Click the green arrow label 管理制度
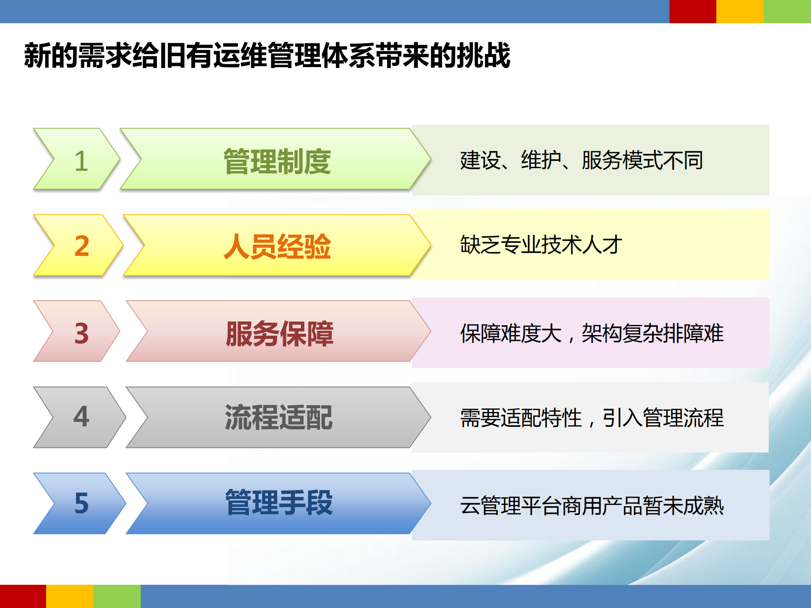pos(277,161)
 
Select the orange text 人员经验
pos(277,246)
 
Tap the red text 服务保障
pos(279,333)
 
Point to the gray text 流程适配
pos(279,417)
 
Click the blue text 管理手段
pos(279,503)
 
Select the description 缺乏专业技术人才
pos(541,245)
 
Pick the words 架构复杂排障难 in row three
pos(653,333)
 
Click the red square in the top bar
pos(692,11)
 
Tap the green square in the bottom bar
pos(117,596)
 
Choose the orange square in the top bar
pos(740,11)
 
